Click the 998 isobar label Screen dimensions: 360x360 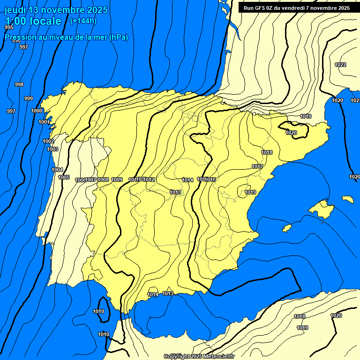pos(19,84)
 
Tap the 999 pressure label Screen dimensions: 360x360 pos(29,98)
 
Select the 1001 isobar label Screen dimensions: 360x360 pos(44,122)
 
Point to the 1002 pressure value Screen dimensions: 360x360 pos(48,141)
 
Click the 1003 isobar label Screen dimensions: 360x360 pos(52,149)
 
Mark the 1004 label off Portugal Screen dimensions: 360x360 pos(57,170)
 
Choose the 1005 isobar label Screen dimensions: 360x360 pos(64,177)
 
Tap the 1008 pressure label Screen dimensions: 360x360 pos(103,180)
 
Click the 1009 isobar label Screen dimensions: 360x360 pos(117,180)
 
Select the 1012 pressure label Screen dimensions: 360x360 pos(150,180)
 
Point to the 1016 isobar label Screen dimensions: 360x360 pos(210,180)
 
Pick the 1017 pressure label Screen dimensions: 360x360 pos(257,166)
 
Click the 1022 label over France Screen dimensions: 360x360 pos(340,65)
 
